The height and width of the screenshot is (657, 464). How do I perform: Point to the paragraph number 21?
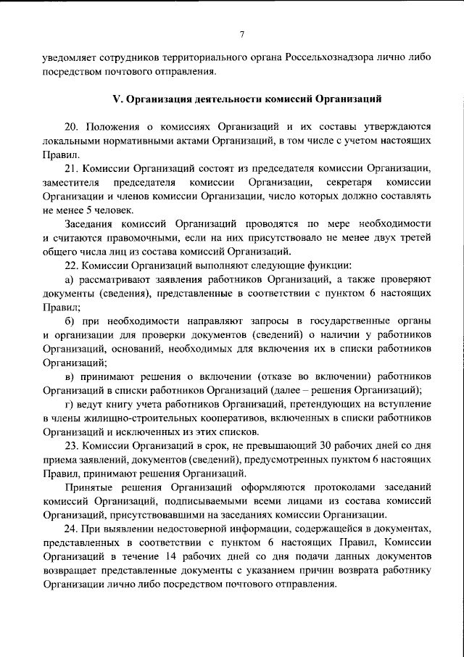pos(71,168)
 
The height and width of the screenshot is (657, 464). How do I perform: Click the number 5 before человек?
pos(85,210)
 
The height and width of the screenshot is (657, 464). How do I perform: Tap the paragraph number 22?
pos(71,265)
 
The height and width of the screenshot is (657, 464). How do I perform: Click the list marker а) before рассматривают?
pos(70,280)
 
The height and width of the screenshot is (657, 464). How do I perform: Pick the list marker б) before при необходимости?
pos(70,321)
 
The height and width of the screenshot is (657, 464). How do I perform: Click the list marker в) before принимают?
pos(70,376)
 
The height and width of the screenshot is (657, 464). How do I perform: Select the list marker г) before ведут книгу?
pos(70,405)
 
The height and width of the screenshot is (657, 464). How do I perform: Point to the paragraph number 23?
pos(71,446)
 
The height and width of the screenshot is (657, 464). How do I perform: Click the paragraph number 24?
pos(71,529)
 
